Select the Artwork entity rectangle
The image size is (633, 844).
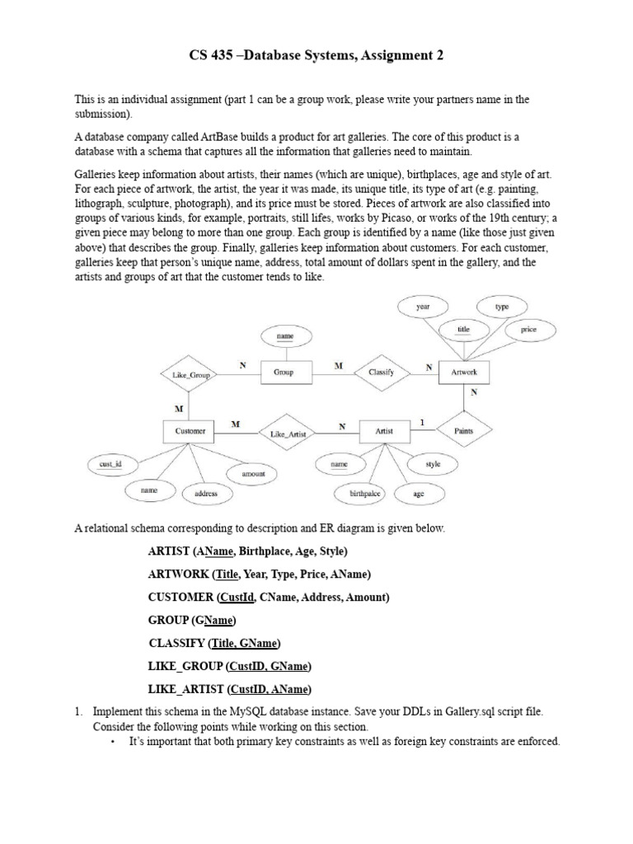click(464, 373)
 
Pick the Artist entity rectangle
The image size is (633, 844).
click(384, 431)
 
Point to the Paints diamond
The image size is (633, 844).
click(464, 430)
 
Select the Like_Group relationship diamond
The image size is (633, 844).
click(190, 375)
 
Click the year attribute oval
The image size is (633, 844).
click(423, 307)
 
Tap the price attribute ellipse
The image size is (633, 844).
click(528, 330)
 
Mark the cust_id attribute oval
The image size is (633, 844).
click(110, 465)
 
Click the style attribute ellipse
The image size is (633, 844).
click(433, 464)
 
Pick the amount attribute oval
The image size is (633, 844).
click(253, 474)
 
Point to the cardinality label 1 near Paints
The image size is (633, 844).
click(423, 423)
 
